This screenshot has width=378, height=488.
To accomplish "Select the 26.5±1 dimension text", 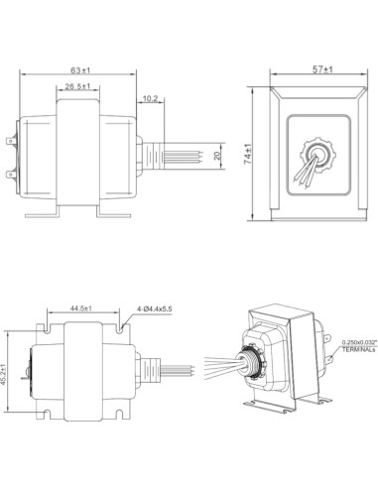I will (78, 88).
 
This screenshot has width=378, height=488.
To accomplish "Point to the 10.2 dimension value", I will (150, 97).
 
